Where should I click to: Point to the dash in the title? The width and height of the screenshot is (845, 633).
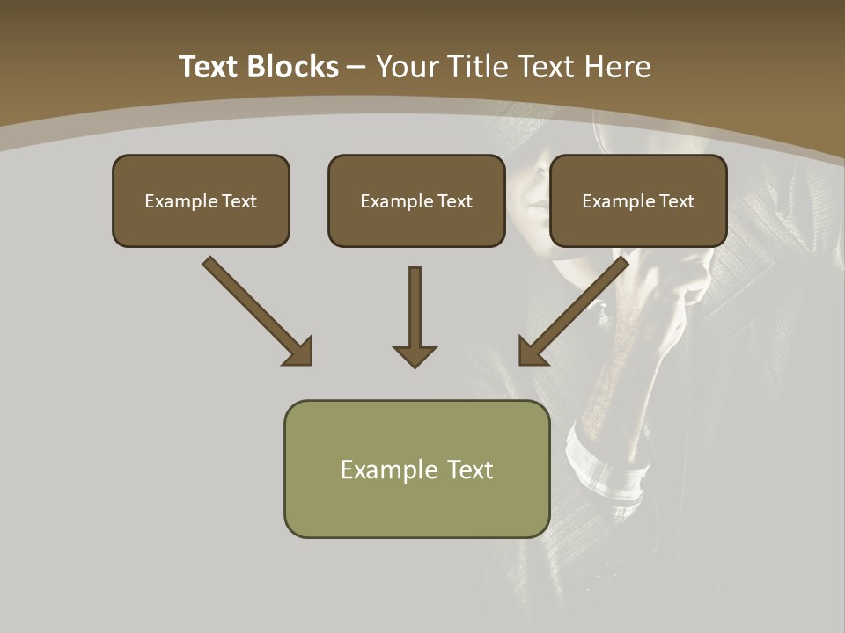tap(356, 68)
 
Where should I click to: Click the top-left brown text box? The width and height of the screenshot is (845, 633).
tap(201, 200)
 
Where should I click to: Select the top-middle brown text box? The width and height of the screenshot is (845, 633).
tap(416, 200)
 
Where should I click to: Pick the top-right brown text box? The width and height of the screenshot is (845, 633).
tap(638, 200)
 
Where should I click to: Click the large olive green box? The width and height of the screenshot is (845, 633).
tap(416, 469)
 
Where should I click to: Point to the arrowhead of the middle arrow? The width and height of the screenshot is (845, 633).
tap(415, 356)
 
